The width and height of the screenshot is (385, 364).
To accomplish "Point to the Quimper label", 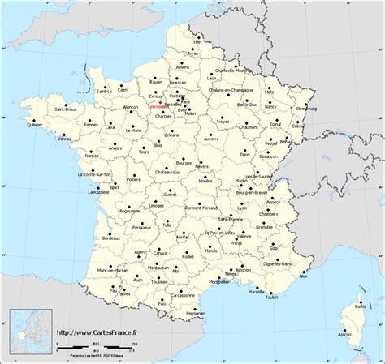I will coord(12,126).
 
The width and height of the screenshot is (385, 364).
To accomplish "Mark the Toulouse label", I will coord(159,282).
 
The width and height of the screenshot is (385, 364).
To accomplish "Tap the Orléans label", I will coord(171,135).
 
